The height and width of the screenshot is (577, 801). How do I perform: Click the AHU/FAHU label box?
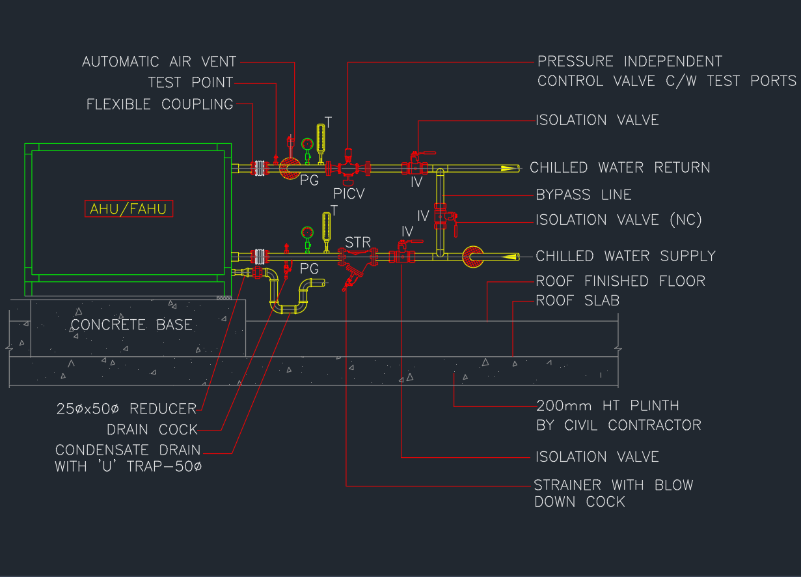pyautogui.click(x=128, y=209)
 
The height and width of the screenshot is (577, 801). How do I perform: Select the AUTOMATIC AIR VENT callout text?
pyautogui.click(x=159, y=62)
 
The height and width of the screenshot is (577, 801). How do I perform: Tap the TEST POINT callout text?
pyautogui.click(x=190, y=83)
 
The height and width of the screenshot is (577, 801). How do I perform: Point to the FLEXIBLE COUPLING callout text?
pyautogui.click(x=159, y=104)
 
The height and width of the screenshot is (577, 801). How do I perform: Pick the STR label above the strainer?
pyautogui.click(x=357, y=243)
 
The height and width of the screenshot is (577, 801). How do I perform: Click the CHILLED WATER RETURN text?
pyautogui.click(x=619, y=167)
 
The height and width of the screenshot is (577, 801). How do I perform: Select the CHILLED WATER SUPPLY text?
pyautogui.click(x=625, y=256)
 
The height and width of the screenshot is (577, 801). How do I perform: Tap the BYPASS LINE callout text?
pyautogui.click(x=583, y=195)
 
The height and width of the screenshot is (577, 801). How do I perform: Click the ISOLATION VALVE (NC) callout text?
pyautogui.click(x=618, y=219)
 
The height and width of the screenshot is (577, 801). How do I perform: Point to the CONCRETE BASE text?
pyautogui.click(x=131, y=324)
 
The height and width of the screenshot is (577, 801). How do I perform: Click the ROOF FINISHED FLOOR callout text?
pyautogui.click(x=620, y=281)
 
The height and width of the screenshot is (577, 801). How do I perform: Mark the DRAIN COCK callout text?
pyautogui.click(x=152, y=430)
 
